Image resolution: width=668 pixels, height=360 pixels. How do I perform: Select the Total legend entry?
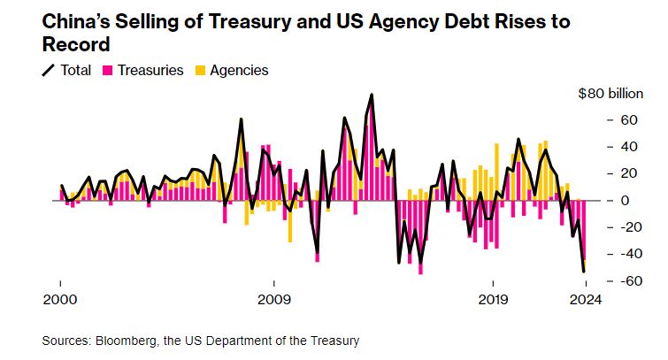[x=66, y=69]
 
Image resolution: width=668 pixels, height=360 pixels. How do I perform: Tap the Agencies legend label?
[x=237, y=69]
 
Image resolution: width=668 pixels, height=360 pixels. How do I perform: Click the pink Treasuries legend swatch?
[x=110, y=69]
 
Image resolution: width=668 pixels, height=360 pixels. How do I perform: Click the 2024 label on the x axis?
[x=585, y=299]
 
